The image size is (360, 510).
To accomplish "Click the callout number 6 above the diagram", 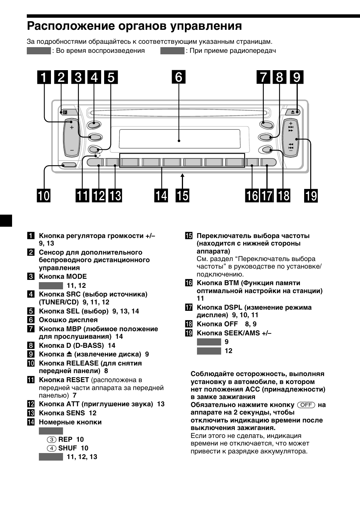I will (178, 77).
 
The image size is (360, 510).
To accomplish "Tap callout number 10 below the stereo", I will (43, 196).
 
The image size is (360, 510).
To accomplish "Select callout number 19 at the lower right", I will (311, 196).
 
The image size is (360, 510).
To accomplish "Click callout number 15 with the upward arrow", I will (182, 196).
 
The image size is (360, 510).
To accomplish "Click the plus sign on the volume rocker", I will (71, 127).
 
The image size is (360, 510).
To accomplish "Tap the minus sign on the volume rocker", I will (71, 150).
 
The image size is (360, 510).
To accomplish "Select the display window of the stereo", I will (179, 139).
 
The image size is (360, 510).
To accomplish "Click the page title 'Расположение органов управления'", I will (134, 26).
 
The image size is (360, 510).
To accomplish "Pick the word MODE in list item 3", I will (77, 277).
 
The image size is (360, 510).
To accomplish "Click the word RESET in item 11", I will (77, 380).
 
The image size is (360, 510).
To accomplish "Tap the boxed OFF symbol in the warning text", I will (306, 405).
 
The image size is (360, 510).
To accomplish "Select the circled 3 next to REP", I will (52, 439).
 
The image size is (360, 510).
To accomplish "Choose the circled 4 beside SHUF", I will (52, 448).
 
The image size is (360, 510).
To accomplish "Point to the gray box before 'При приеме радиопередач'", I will (172, 51).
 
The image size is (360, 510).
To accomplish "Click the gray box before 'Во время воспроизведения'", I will (38, 51).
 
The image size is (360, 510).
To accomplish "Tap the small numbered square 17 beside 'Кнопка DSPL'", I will (189, 308).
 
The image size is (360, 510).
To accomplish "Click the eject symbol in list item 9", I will (69, 355).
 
